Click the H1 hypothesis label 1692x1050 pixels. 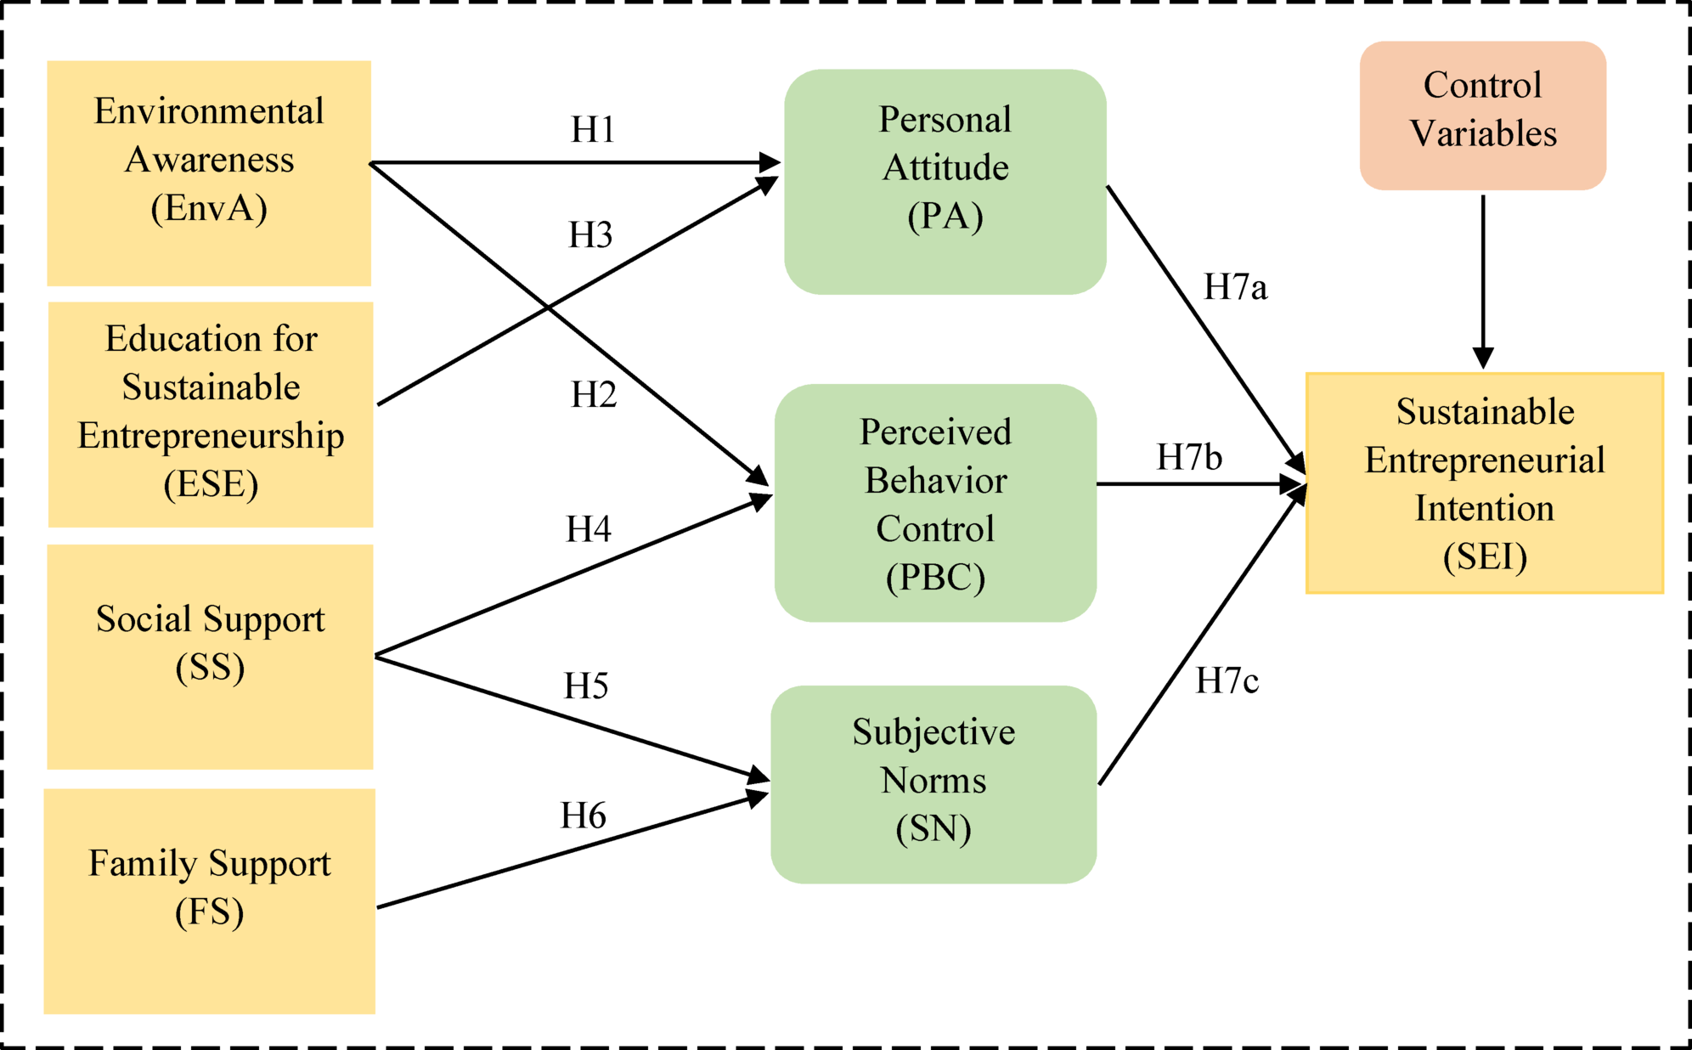[x=593, y=130]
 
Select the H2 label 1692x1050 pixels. [x=594, y=395]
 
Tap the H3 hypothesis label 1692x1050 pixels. [x=590, y=235]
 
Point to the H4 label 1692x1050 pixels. [x=589, y=530]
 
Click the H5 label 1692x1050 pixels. [x=586, y=686]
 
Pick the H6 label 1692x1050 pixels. [x=584, y=816]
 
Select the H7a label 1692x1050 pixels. [x=1235, y=288]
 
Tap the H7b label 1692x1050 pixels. [x=1189, y=458]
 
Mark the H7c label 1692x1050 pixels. [x=1227, y=681]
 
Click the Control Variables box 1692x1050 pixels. [x=1482, y=115]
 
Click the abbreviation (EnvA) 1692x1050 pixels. [x=209, y=208]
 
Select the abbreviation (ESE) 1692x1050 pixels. [x=211, y=485]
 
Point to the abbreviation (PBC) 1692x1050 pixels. [x=935, y=579]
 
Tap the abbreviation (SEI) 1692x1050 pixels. [x=1485, y=557]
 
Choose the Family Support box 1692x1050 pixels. [x=209, y=900]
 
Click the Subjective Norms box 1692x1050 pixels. [x=933, y=784]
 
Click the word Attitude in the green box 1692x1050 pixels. [x=945, y=168]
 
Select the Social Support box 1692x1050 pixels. [x=210, y=656]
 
